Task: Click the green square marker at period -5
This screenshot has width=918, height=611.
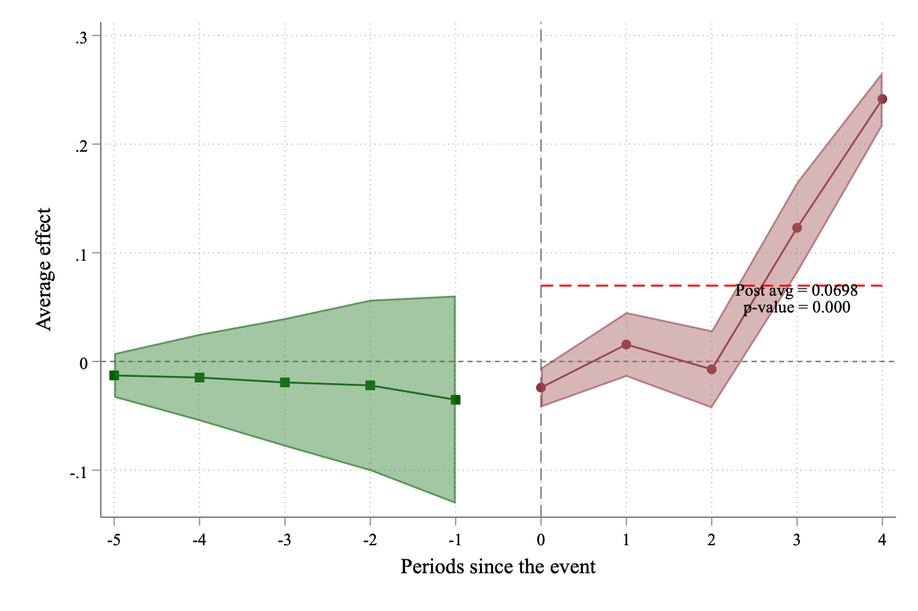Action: click(114, 375)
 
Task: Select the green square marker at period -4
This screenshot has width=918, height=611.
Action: click(199, 378)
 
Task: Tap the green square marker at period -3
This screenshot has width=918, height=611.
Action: click(285, 382)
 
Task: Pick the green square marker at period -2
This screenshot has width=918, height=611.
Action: click(370, 385)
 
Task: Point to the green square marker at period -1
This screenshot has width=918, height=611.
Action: click(456, 400)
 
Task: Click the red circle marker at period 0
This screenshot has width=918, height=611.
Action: click(541, 387)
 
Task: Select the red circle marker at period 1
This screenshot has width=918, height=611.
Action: click(626, 345)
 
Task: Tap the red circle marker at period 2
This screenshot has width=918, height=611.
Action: click(712, 369)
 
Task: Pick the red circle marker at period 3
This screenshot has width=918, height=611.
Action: click(797, 228)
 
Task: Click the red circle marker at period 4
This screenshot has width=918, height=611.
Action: click(882, 99)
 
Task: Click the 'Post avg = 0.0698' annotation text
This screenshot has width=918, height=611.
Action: click(796, 291)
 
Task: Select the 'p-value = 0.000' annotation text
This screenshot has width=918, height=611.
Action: click(796, 307)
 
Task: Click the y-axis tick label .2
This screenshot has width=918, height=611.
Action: click(82, 145)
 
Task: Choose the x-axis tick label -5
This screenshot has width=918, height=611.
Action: click(113, 540)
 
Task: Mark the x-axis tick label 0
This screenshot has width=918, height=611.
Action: click(541, 540)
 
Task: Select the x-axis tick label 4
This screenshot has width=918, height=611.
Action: click(882, 540)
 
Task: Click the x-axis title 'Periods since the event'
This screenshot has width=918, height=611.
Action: click(497, 566)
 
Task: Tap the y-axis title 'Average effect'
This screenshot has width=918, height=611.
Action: click(45, 269)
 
